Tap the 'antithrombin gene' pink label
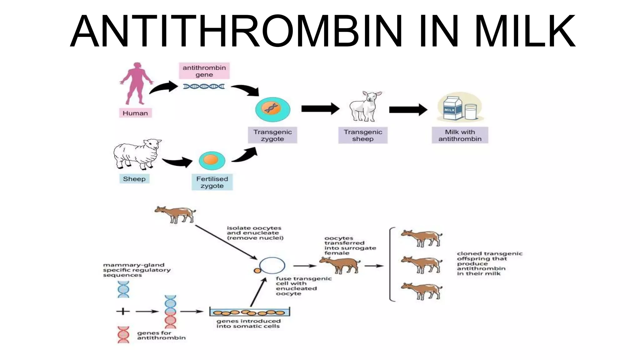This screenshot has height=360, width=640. pos(204,71)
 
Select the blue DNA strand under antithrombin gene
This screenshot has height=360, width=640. pos(204,86)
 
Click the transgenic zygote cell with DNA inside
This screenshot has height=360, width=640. pos(272,109)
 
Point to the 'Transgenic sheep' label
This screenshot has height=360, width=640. pos(363,135)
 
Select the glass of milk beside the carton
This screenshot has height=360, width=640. pos(470,112)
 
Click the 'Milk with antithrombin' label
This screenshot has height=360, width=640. pos(460,135)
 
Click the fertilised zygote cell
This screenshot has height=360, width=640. pos(212,160)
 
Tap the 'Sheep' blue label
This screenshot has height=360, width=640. pos(134,179)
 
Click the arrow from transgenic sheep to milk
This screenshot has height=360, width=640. pos(408,109)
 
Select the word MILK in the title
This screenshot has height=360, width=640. pos(525,31)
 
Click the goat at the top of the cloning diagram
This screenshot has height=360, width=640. pos(175,214)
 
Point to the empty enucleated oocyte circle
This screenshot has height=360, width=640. pos(272,266)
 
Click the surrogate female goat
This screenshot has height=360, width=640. pos(340,265)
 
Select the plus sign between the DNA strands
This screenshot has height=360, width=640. pos(123,311)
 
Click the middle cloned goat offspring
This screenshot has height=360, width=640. pos(422,264)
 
